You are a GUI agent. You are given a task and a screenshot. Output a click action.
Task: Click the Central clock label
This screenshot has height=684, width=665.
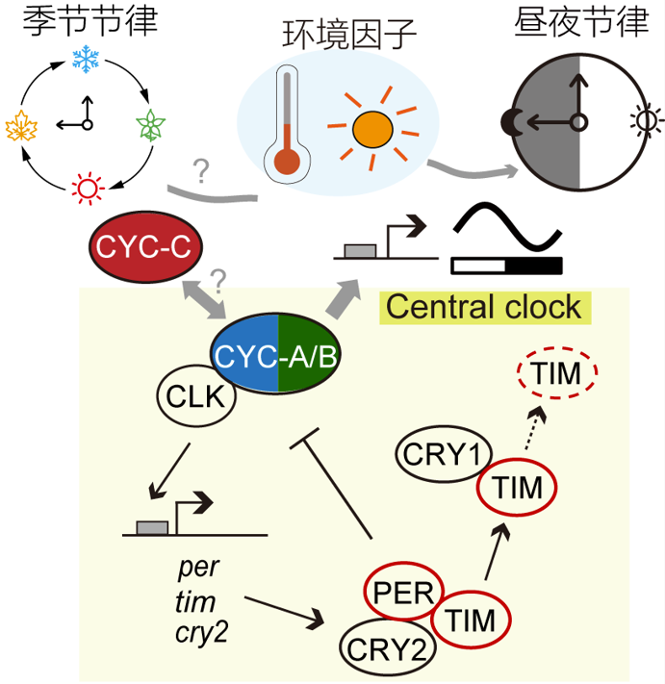pos(484,307)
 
